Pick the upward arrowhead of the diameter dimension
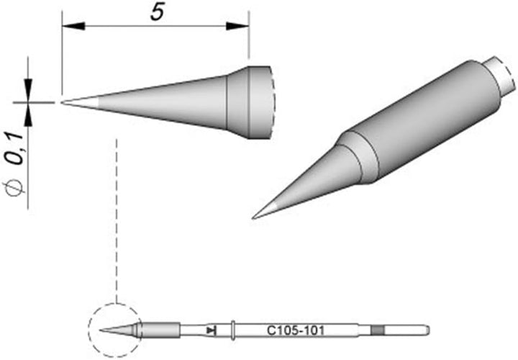29,113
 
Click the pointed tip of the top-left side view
64,102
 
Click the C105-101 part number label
291,330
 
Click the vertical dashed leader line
116,216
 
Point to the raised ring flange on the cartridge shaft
235,330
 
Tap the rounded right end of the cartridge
427,330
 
